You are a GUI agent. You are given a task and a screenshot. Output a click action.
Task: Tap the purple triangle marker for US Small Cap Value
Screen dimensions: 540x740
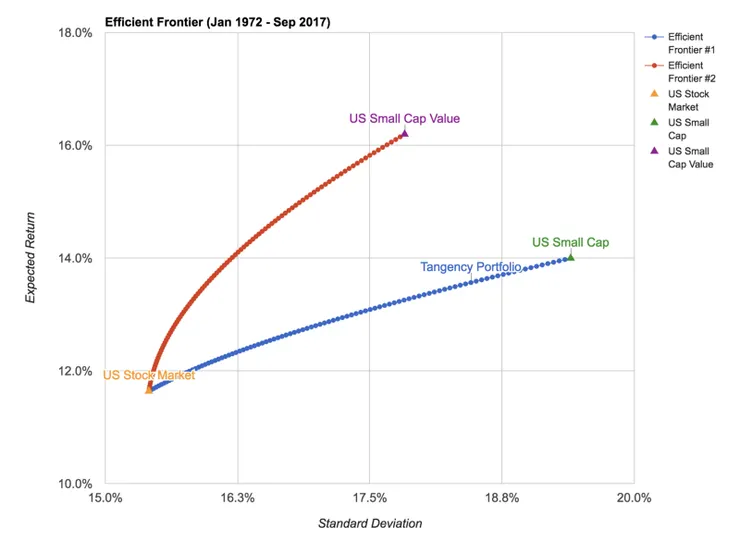click(404, 132)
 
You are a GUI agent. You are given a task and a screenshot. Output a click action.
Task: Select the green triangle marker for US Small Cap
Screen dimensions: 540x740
click(570, 257)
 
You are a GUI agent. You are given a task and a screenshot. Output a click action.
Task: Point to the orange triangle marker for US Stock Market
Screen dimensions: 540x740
click(150, 389)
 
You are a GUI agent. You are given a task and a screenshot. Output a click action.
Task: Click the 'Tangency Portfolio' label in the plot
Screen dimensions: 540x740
click(469, 267)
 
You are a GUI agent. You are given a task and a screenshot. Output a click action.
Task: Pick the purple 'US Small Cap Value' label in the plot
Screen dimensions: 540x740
click(404, 119)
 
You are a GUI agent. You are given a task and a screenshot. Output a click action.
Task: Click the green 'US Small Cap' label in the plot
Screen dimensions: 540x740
click(570, 242)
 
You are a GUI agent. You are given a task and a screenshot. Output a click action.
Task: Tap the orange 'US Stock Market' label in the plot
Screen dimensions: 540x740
click(149, 375)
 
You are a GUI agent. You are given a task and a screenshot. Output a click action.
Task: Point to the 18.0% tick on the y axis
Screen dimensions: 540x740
click(77, 33)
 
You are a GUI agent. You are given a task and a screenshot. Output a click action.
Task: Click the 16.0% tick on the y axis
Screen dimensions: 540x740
click(77, 146)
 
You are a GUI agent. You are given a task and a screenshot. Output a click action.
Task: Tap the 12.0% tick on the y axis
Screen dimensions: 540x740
click(77, 371)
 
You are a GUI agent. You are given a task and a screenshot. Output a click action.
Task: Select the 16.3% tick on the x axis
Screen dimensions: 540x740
click(238, 498)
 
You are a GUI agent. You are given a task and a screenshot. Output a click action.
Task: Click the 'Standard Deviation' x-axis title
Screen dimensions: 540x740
click(370, 523)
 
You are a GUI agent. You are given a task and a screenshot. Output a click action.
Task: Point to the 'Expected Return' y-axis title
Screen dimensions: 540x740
click(30, 258)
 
